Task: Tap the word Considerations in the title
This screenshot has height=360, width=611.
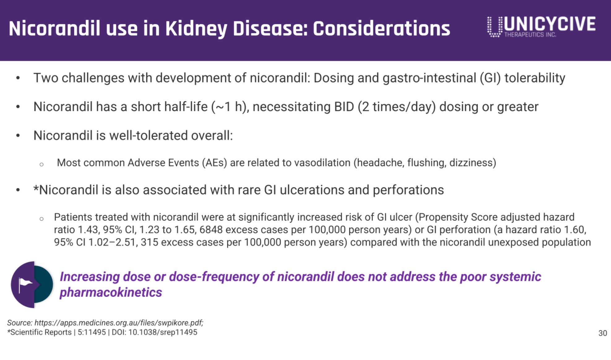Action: [x=381, y=29]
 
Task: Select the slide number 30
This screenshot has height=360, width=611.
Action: [x=603, y=333]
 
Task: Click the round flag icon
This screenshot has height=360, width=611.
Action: [x=32, y=285]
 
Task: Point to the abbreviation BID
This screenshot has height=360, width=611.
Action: [x=344, y=107]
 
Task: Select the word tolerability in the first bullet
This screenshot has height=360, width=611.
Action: [x=535, y=78]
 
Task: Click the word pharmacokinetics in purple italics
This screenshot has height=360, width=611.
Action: [x=111, y=292]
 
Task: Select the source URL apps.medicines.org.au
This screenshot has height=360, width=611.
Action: [x=118, y=323]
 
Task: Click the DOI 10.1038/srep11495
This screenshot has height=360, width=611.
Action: [x=163, y=332]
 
